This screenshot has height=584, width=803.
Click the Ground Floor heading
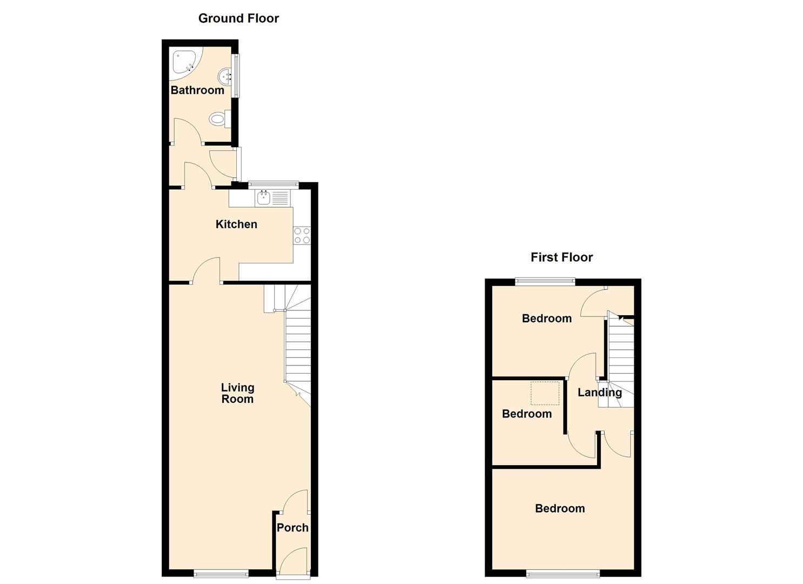[x=238, y=18]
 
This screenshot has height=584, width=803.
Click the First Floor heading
[x=561, y=257]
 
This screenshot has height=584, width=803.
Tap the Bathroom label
[x=197, y=90]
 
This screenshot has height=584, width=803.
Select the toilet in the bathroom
[x=220, y=118]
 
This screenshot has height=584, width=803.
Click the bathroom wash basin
[x=225, y=76]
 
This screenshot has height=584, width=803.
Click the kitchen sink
[x=263, y=197]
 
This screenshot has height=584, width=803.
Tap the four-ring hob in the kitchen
[x=302, y=236]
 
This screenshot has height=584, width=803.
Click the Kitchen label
[x=236, y=224]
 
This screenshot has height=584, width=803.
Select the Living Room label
[x=237, y=393]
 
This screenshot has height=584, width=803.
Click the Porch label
[x=293, y=528]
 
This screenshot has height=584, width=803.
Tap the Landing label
[x=599, y=393]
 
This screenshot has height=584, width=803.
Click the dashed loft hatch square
[x=545, y=393]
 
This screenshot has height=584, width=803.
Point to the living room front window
[x=221, y=574]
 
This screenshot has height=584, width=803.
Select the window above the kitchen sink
[x=274, y=184]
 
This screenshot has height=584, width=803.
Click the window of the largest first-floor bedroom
[x=563, y=574]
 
